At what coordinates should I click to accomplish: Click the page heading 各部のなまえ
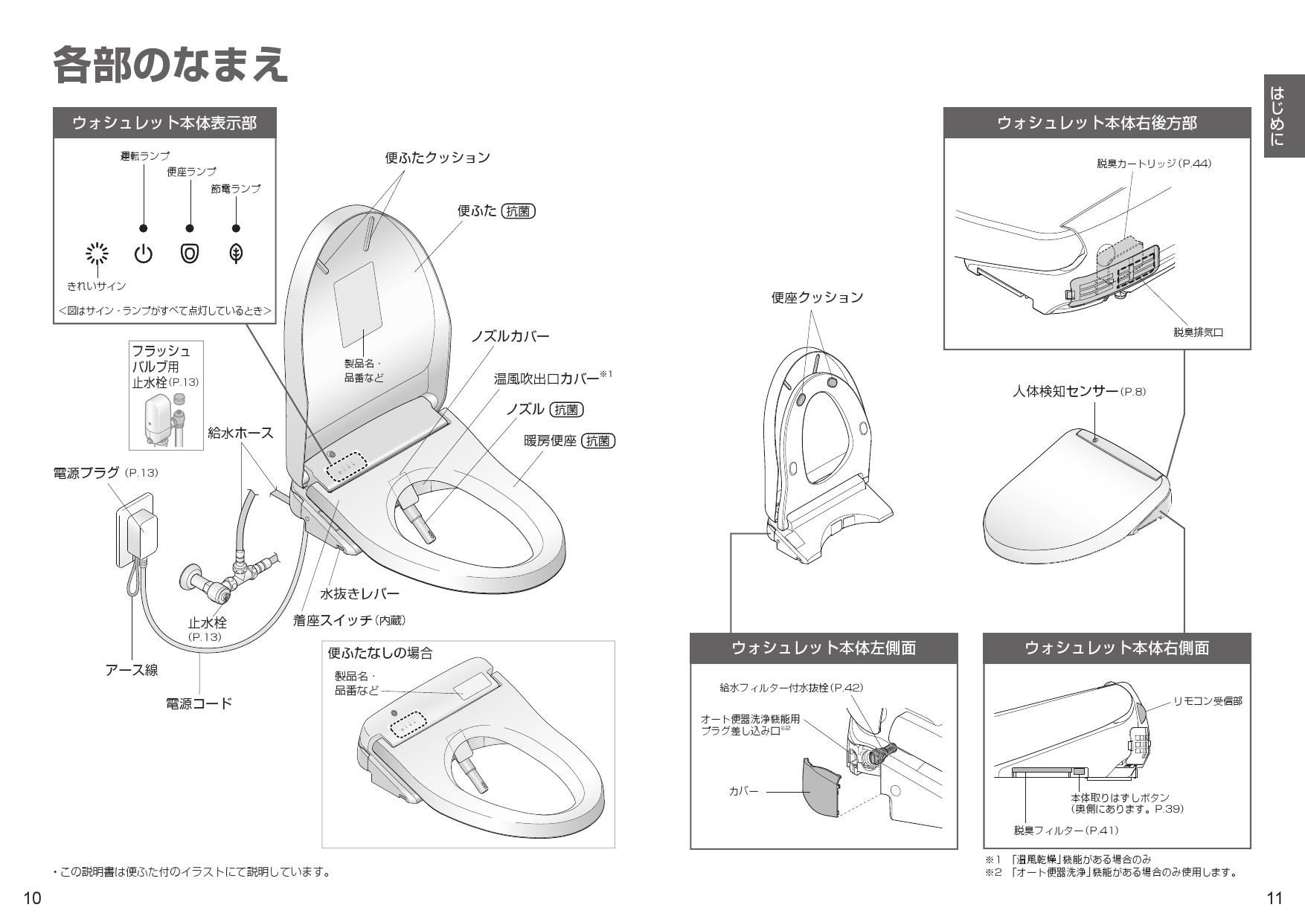[170, 65]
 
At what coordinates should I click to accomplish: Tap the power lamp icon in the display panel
[143, 254]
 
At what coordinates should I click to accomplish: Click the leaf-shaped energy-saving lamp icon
[236, 254]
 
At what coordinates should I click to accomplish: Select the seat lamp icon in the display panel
[190, 254]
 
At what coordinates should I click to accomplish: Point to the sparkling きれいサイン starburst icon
[97, 254]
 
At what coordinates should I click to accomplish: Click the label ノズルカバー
[510, 337]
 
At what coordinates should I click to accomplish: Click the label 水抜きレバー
[359, 593]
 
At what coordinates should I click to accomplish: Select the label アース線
[132, 670]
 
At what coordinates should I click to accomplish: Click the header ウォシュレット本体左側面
[824, 648]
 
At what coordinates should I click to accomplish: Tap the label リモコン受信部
[1208, 701]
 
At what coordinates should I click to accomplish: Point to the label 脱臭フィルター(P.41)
[1065, 830]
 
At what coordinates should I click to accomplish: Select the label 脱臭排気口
[1198, 332]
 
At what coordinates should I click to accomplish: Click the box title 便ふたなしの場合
[380, 654]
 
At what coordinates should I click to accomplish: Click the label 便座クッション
[817, 297]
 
